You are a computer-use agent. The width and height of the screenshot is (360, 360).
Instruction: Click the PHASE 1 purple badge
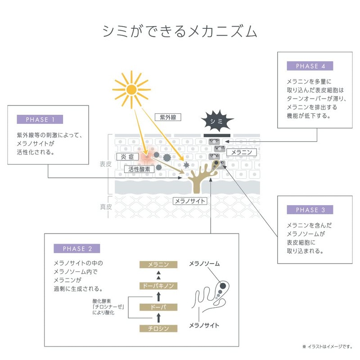point(40,119)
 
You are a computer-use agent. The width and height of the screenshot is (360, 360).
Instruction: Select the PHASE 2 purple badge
point(76,248)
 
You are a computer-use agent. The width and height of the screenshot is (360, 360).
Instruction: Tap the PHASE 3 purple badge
point(310,210)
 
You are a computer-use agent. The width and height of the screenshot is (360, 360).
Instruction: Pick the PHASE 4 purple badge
point(310,66)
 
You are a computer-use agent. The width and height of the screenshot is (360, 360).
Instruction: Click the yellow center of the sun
point(131,90)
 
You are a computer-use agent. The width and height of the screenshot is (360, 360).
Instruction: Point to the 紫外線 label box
point(168,117)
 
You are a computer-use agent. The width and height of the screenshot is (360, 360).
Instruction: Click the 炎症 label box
point(127,157)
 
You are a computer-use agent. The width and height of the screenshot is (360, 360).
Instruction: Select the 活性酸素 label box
point(139,169)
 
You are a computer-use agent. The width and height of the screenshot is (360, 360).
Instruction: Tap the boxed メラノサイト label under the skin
point(190,201)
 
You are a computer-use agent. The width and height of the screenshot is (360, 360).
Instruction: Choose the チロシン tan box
point(158,328)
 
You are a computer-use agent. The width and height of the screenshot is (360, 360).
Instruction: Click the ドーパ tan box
point(158,307)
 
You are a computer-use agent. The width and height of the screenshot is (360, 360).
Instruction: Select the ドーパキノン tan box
point(158,286)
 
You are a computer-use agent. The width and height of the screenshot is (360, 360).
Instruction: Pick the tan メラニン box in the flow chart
point(158,265)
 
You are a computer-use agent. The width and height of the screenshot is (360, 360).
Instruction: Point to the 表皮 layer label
point(106,164)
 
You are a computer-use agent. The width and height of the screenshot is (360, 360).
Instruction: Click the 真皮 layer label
point(106,207)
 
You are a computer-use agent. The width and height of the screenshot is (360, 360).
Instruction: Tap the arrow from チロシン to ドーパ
point(158,318)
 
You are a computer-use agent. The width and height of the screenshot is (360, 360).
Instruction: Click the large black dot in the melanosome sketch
point(223,286)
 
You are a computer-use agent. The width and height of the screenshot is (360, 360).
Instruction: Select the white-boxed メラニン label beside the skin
point(242,152)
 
